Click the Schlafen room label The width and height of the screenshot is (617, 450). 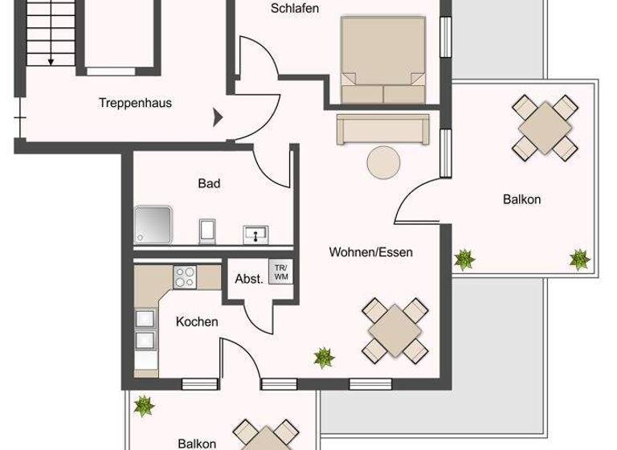click(x=295, y=9)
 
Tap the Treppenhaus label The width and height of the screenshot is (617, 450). click(x=135, y=103)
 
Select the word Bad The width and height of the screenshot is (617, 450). click(x=209, y=183)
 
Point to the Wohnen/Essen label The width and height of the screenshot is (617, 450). click(x=371, y=252)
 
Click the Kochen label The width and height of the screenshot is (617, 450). click(x=197, y=321)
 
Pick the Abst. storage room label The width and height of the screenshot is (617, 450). click(x=249, y=280)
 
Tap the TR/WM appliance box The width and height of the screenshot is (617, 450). click(x=280, y=272)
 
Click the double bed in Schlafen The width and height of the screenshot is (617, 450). click(x=382, y=60)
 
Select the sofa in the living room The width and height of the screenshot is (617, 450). click(x=383, y=129)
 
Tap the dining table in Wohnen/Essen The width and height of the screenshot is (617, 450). click(x=394, y=329)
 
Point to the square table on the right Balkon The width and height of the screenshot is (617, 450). click(x=546, y=127)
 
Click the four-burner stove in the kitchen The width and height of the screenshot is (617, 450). click(x=185, y=276)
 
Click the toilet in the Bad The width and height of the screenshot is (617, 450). click(x=207, y=230)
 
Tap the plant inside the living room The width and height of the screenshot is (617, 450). click(x=324, y=357)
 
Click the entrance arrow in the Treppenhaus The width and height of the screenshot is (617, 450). click(x=217, y=118)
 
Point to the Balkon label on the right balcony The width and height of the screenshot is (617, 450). click(x=521, y=199)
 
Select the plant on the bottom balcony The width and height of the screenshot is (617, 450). click(x=145, y=406)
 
